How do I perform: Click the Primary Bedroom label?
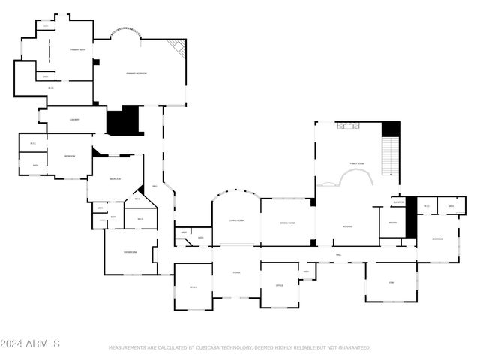coord(136,73)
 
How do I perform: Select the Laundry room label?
coord(74,120)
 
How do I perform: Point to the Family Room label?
coord(357,163)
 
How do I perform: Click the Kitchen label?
coord(347,226)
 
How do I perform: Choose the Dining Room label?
coord(286,223)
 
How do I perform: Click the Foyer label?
coord(235,273)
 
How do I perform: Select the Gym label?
coord(390,282)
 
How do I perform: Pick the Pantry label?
coord(392,223)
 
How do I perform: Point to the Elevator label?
coord(399,202)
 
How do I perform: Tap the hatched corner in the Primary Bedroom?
coord(178,50)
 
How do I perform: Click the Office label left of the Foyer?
coord(193,287)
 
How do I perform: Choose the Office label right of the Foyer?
coord(279,286)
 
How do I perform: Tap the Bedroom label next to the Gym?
coord(438,239)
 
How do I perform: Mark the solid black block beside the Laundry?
coord(124,121)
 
